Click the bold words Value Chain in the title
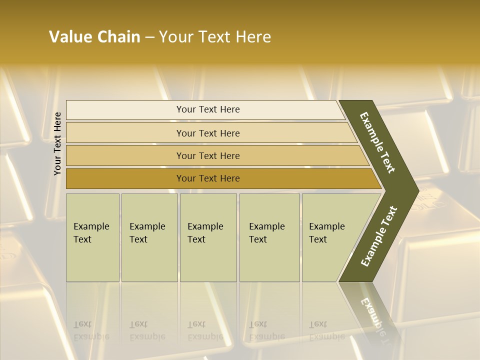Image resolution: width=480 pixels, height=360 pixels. [94, 37]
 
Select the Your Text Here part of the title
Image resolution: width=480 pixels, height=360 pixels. [215, 37]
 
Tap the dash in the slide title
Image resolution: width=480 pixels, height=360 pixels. [149, 37]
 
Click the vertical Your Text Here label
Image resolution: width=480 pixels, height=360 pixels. [57, 144]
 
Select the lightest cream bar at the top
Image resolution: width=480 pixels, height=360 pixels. [205, 109]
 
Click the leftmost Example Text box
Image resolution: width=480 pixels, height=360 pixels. [92, 237]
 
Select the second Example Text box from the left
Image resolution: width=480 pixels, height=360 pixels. [149, 237]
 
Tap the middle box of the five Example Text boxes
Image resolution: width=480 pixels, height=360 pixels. [208, 237]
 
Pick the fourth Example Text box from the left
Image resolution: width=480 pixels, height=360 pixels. [269, 237]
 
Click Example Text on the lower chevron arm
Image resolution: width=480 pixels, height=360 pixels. [379, 236]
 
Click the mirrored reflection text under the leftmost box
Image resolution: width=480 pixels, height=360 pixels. [91, 330]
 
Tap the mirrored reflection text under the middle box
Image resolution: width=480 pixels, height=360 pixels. [205, 330]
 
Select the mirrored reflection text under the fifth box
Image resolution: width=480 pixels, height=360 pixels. [326, 330]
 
